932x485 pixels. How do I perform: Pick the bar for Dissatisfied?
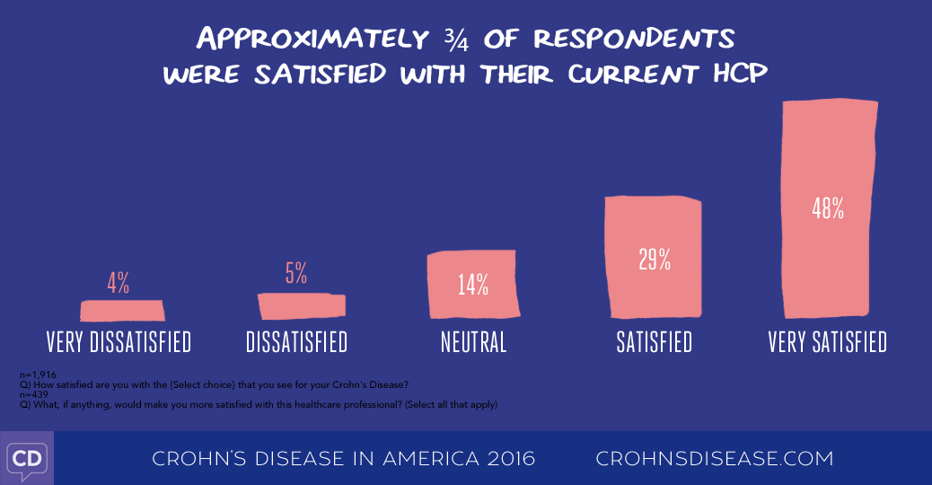pos(302,306)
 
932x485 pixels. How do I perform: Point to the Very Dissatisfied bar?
pos(122,311)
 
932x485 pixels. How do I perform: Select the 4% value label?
pos(119,284)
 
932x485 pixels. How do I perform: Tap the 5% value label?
pos(296,273)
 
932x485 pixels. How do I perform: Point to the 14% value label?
pos(471,285)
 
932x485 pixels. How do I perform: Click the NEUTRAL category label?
pos(473,342)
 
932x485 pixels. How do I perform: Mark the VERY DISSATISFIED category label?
pos(119,342)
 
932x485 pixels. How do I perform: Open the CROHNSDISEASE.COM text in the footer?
pos(715,458)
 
